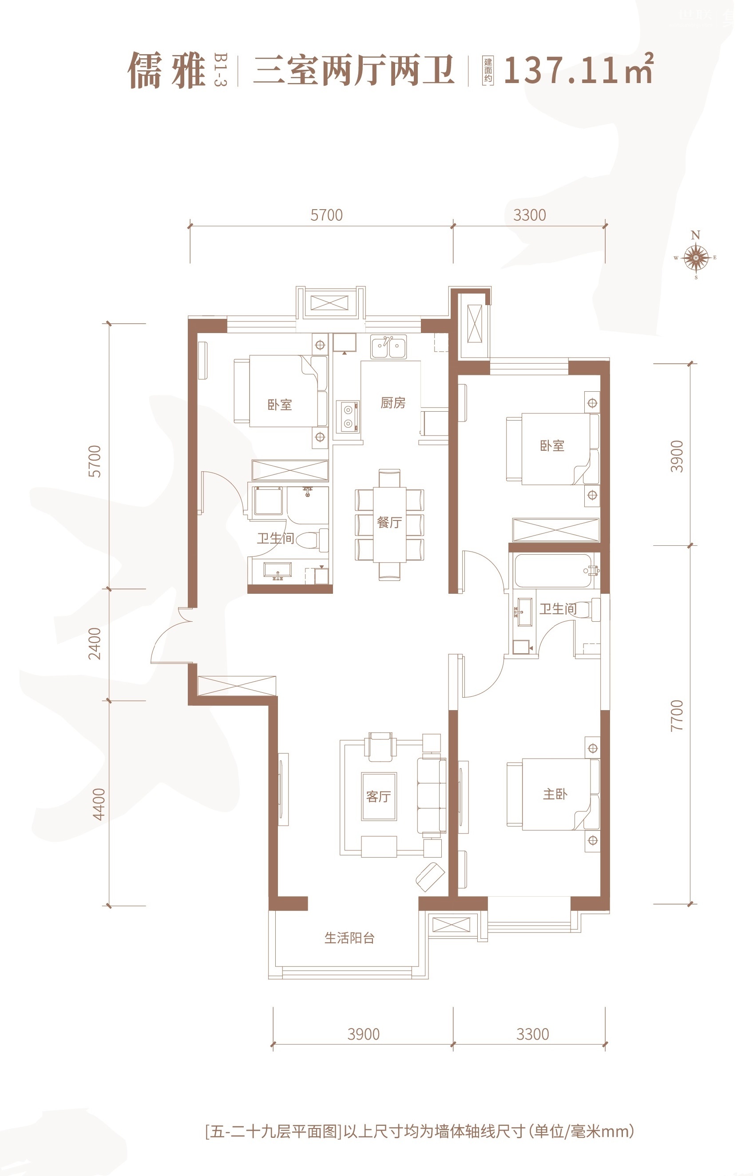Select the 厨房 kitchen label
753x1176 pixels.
392,402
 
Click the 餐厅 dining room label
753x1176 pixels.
389,522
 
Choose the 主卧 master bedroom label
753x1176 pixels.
555,794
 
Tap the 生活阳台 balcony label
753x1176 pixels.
349,938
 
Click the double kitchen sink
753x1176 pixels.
388,347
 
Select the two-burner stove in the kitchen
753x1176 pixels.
348,417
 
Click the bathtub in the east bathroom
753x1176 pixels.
555,570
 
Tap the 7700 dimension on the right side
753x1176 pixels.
677,715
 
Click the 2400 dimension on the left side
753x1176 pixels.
95,644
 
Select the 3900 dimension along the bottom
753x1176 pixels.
363,1034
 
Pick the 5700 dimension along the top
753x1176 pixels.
326,215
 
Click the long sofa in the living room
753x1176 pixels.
431,795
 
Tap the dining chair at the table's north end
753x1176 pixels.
389,478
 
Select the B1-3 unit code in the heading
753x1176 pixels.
221,70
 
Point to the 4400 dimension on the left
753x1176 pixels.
99,804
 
